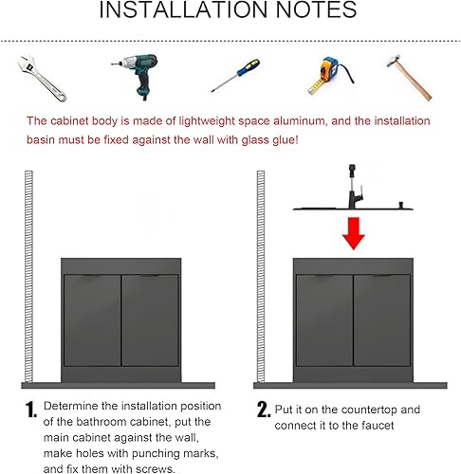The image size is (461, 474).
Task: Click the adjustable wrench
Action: pyautogui.click(x=41, y=78)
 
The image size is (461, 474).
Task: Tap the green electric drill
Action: pyautogui.click(x=139, y=74)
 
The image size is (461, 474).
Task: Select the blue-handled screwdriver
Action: pyautogui.click(x=235, y=75)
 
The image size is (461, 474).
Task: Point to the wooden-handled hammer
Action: pyautogui.click(x=410, y=78)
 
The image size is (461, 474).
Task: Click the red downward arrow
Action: pyautogui.click(x=354, y=233)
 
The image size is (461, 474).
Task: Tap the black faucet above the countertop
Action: pyautogui.click(x=354, y=187)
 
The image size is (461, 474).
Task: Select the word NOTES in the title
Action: pyautogui.click(x=316, y=9)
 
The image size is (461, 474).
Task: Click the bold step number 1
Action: pyautogui.click(x=31, y=410)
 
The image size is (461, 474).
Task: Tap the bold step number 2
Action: pyautogui.click(x=264, y=410)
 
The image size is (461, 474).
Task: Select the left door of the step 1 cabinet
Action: pyautogui.click(x=92, y=320)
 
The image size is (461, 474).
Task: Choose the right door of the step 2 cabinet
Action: pyautogui.click(x=382, y=320)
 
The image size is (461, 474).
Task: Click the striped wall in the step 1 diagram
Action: pyautogui.click(x=28, y=276)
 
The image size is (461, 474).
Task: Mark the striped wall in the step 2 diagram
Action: pyautogui.click(x=261, y=276)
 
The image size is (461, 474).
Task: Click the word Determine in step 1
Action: pyautogui.click(x=71, y=406)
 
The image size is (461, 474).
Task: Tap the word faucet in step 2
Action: pyautogui.click(x=378, y=426)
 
